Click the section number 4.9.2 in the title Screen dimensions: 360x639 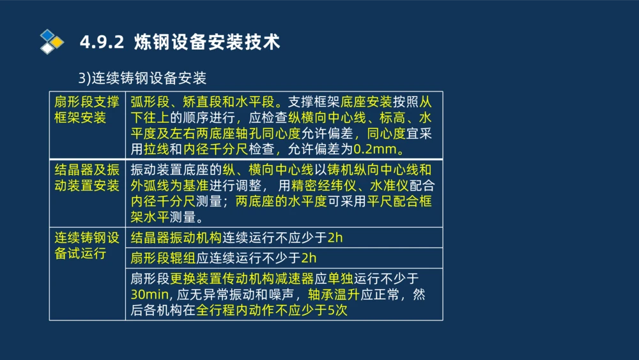[x=101, y=42]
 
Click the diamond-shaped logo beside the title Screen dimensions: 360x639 [x=52, y=42]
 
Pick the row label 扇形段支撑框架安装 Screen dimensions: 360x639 [x=87, y=110]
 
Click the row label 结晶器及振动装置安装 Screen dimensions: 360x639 [x=87, y=178]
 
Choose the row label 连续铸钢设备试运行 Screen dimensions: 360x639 [x=87, y=246]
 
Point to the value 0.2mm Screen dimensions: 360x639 [x=377, y=150]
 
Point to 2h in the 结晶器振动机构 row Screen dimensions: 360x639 [x=335, y=238]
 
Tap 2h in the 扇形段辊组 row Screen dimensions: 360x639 [x=309, y=258]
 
